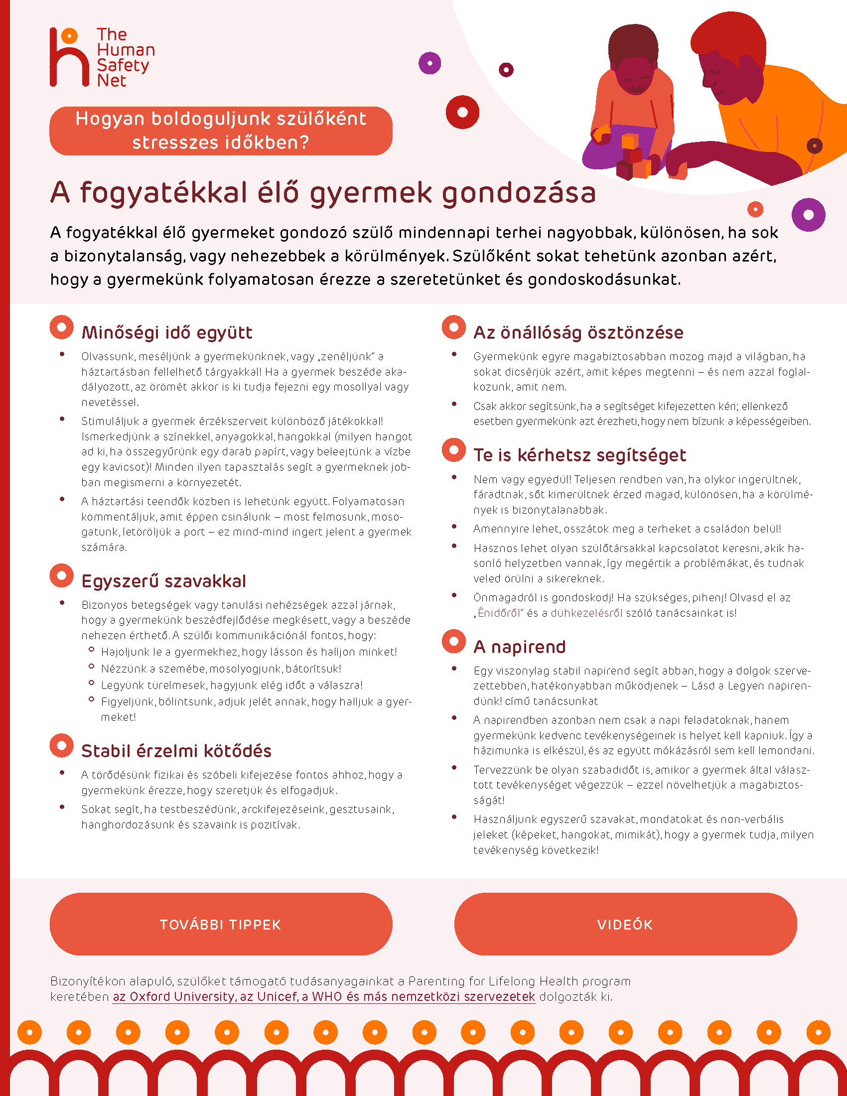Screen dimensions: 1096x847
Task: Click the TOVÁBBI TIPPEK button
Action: [x=221, y=924]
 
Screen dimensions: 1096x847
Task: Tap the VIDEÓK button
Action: [x=625, y=924]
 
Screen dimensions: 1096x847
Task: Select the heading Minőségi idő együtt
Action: [x=166, y=333]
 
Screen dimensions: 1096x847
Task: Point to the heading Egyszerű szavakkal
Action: [x=163, y=581]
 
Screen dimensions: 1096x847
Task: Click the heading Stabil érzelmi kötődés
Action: [x=176, y=751]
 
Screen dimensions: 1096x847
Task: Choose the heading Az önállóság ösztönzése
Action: [x=578, y=333]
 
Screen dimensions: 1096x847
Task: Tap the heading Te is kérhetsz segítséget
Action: [x=579, y=455]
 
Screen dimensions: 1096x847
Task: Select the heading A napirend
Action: [x=519, y=647]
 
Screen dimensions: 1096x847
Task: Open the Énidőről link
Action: [x=500, y=613]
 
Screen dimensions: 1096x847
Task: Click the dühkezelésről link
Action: [x=586, y=613]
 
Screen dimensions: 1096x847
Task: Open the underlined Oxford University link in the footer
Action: [x=324, y=997]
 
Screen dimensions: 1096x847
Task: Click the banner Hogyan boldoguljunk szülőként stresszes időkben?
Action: [x=221, y=131]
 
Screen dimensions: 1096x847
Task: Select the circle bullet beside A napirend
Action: [x=453, y=641]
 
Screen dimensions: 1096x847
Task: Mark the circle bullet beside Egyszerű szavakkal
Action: [x=62, y=575]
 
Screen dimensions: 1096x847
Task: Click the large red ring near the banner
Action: [x=462, y=112]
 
